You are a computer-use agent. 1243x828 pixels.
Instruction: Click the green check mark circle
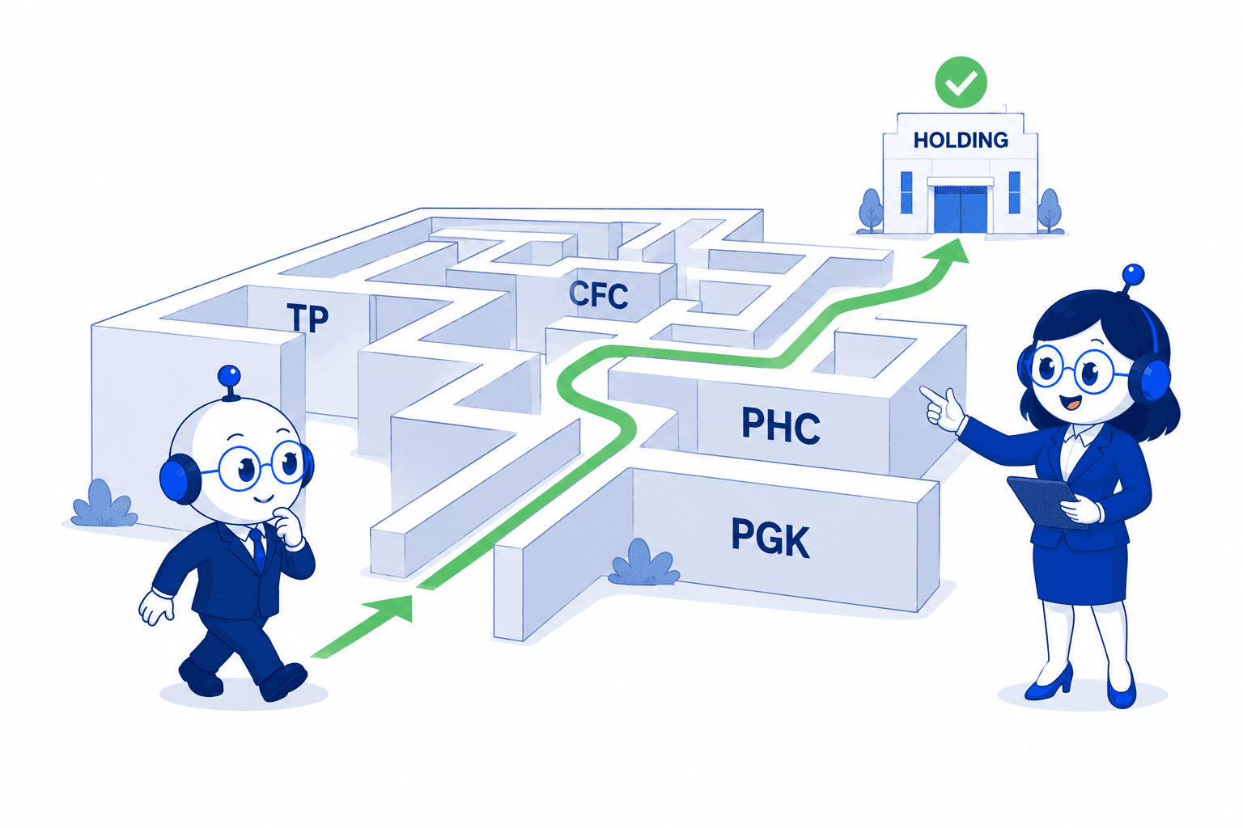961,82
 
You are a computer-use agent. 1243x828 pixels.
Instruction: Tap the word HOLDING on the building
961,141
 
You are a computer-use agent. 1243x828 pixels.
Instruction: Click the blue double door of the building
961,209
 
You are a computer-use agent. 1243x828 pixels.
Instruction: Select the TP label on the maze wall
308,318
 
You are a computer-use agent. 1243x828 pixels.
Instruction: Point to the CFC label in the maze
599,294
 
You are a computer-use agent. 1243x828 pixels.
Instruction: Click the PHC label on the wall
781,425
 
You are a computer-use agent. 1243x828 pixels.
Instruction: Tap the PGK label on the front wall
770,538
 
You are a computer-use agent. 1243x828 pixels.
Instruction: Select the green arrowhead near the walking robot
388,608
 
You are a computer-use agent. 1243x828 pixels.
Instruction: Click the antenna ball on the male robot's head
229,376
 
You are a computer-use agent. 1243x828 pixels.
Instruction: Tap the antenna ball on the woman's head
1133,275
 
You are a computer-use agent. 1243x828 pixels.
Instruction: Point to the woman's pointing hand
944,408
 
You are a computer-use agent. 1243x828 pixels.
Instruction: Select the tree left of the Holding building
871,210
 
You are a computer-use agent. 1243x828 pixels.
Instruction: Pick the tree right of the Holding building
1050,210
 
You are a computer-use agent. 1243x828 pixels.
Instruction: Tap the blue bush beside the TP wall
104,504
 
